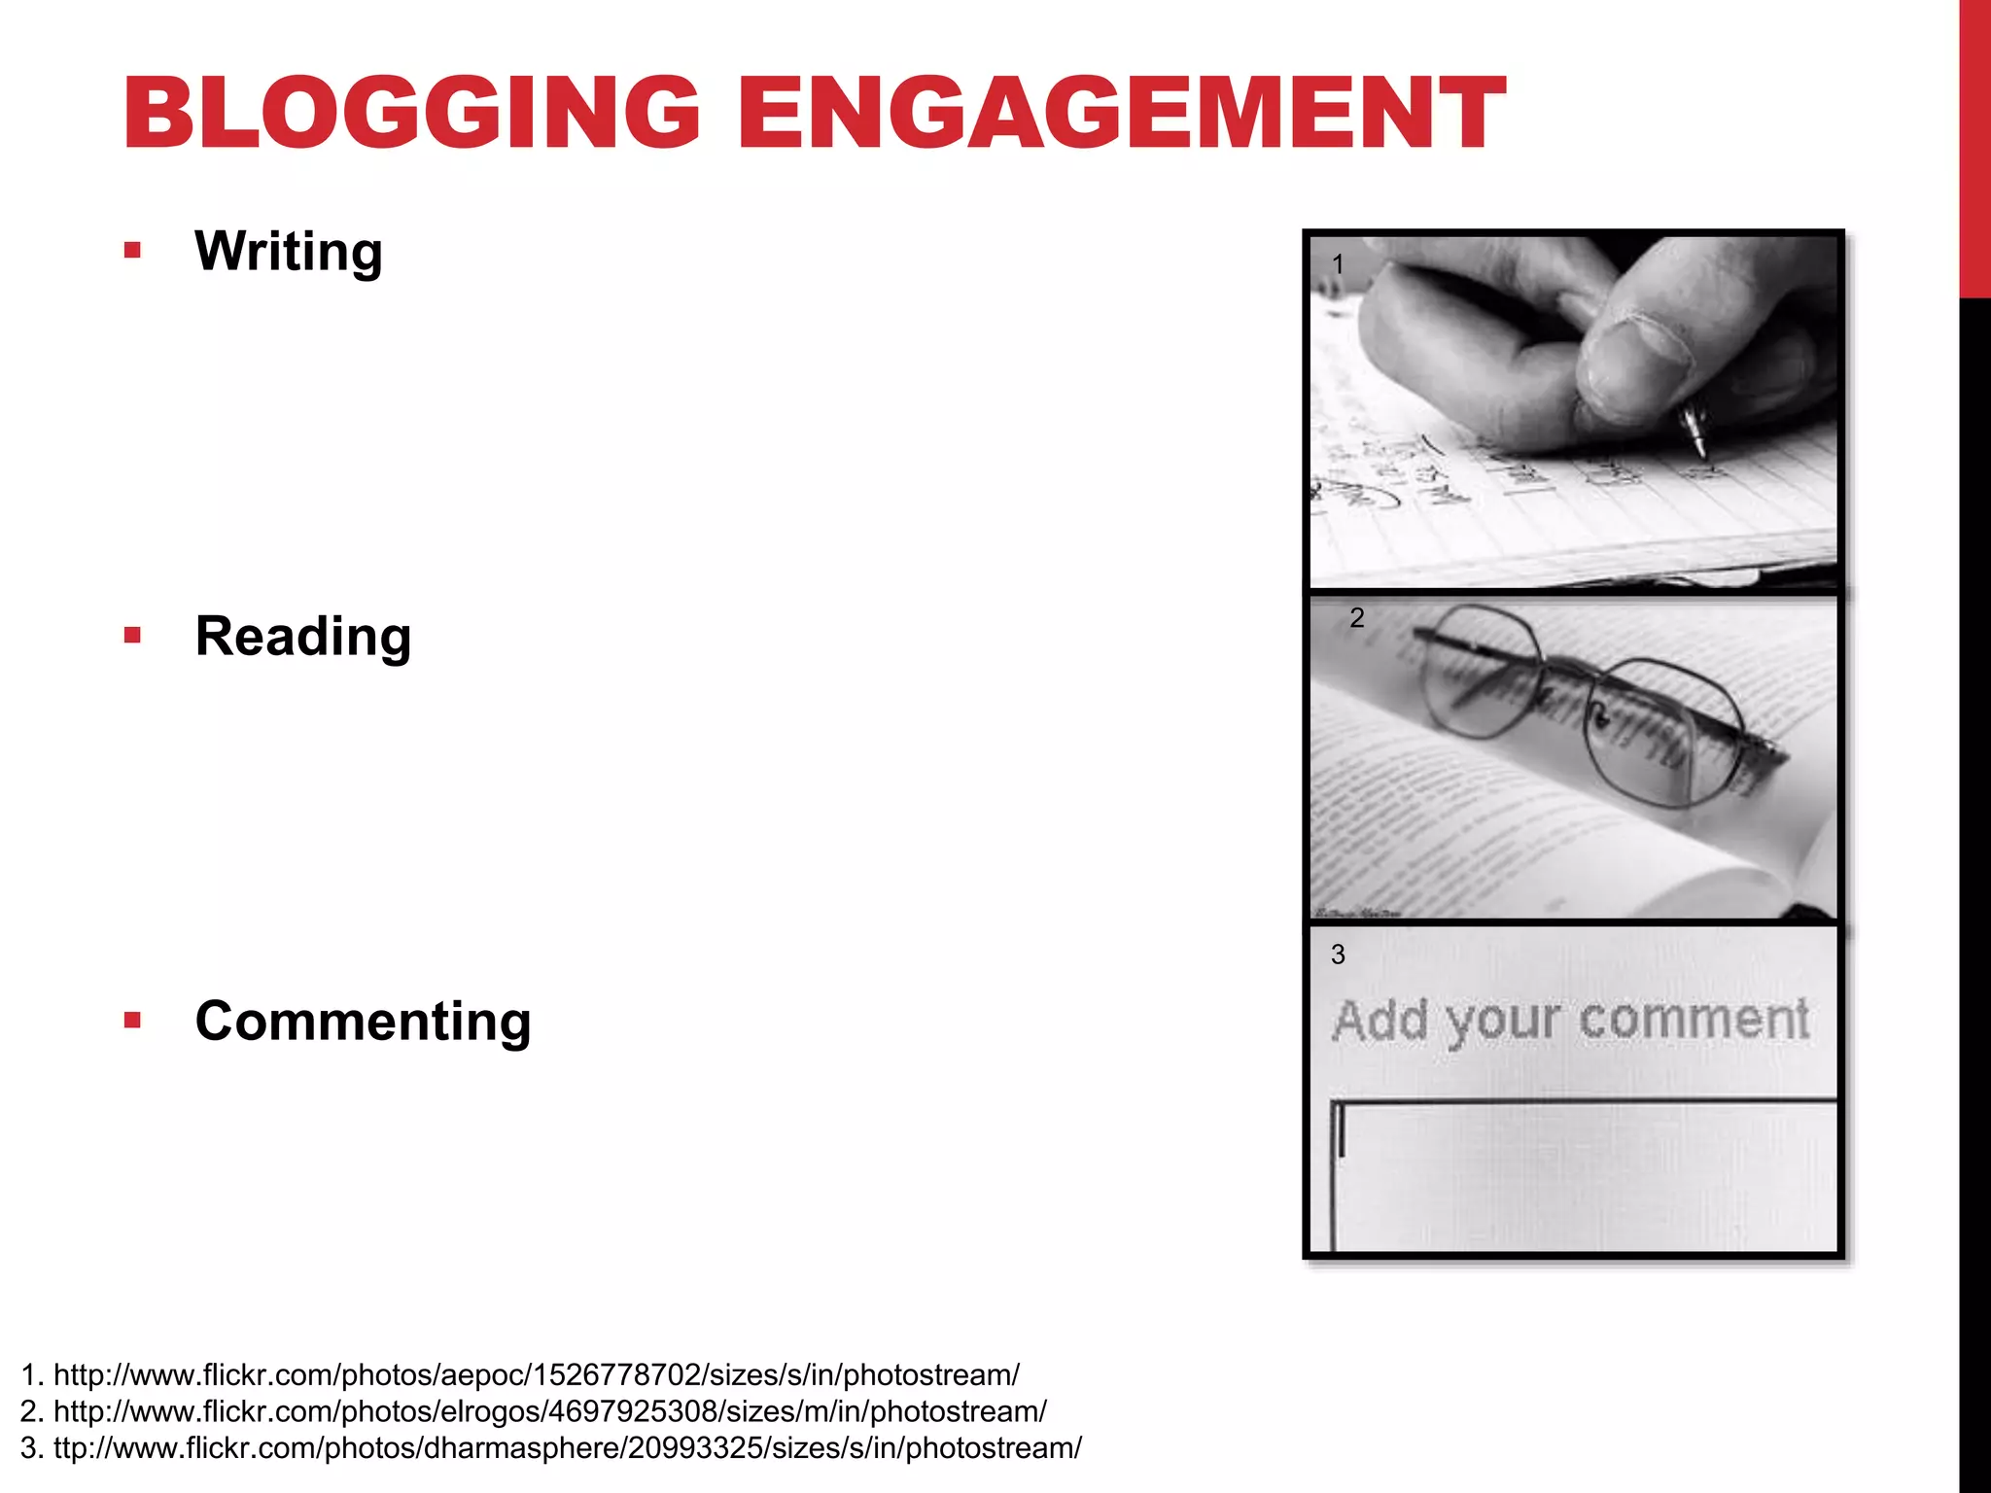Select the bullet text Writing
[x=289, y=252]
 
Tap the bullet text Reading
[x=303, y=637]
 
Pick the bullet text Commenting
[x=363, y=1022]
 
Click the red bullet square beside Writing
[x=133, y=252]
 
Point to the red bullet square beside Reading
[x=133, y=637]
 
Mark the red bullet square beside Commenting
[x=133, y=1021]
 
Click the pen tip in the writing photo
[x=1699, y=448]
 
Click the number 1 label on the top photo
[x=1338, y=264]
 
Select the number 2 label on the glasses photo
[x=1357, y=618]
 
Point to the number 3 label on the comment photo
[x=1338, y=955]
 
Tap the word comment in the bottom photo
[x=1693, y=1021]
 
